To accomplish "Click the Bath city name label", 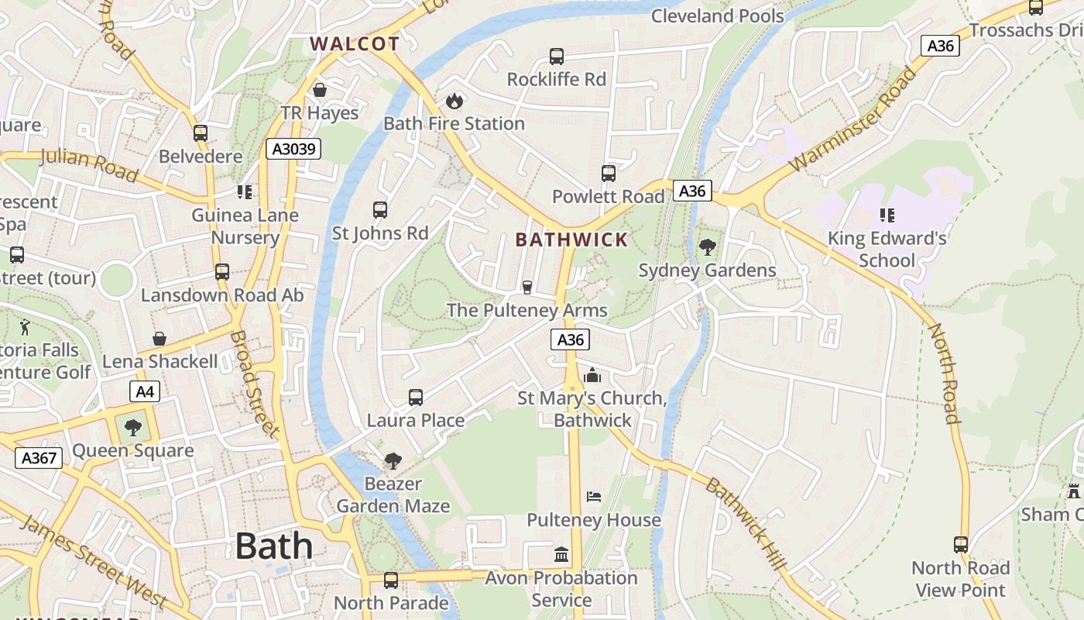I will coord(274,546).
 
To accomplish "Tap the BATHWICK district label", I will coord(571,239).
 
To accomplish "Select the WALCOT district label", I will coord(355,44).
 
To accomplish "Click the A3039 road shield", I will coord(293,149).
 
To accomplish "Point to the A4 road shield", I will coord(145,392).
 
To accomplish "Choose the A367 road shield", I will coord(39,458).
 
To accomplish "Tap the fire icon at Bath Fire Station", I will coord(454,101).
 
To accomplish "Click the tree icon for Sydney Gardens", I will coord(707,247).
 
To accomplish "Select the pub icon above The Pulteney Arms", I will coord(527,288).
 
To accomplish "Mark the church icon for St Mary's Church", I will coord(592,376).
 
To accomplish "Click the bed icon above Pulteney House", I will coord(594,496).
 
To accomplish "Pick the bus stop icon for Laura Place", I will coord(416,398).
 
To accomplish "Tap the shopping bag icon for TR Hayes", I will coord(320,90).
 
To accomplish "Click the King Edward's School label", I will coord(887,249).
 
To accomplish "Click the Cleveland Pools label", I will coord(718,15).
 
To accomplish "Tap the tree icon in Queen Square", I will coord(133,427).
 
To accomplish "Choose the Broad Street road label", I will coord(254,384).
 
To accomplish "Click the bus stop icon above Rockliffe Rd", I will coord(557,57).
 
